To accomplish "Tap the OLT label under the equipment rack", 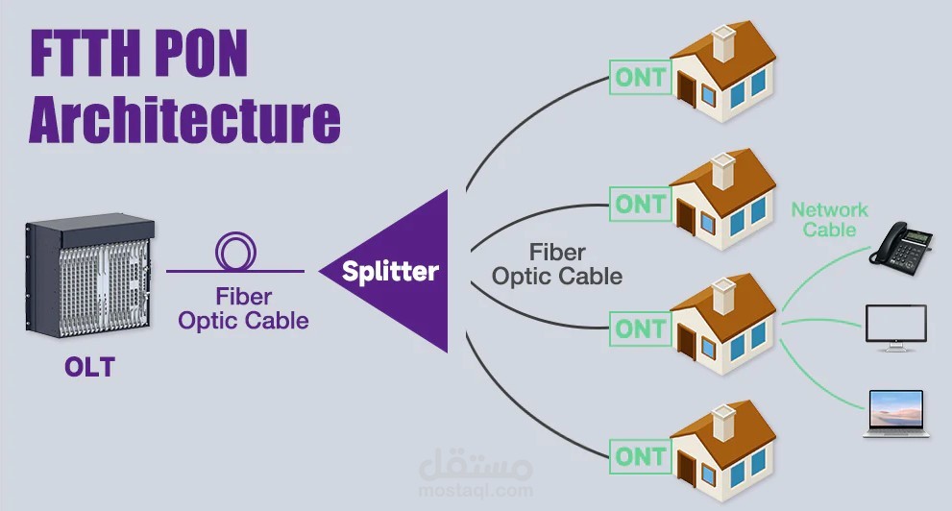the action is (90, 367).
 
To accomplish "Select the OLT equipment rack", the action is (90, 275).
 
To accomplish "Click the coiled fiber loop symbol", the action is (235, 252).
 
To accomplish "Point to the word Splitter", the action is (390, 271).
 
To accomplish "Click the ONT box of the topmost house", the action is (641, 77).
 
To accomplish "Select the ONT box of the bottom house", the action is (641, 456).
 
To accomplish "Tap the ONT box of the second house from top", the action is (641, 204).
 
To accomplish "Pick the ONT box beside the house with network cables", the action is (641, 328).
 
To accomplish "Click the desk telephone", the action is (901, 246).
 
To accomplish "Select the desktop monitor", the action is (896, 328).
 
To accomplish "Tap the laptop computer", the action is (896, 413).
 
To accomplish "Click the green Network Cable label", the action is (829, 220).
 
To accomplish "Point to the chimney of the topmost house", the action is (723, 42).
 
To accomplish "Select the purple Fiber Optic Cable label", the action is (243, 309).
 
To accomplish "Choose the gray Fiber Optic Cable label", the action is (557, 264).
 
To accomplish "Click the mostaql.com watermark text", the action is (476, 491).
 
